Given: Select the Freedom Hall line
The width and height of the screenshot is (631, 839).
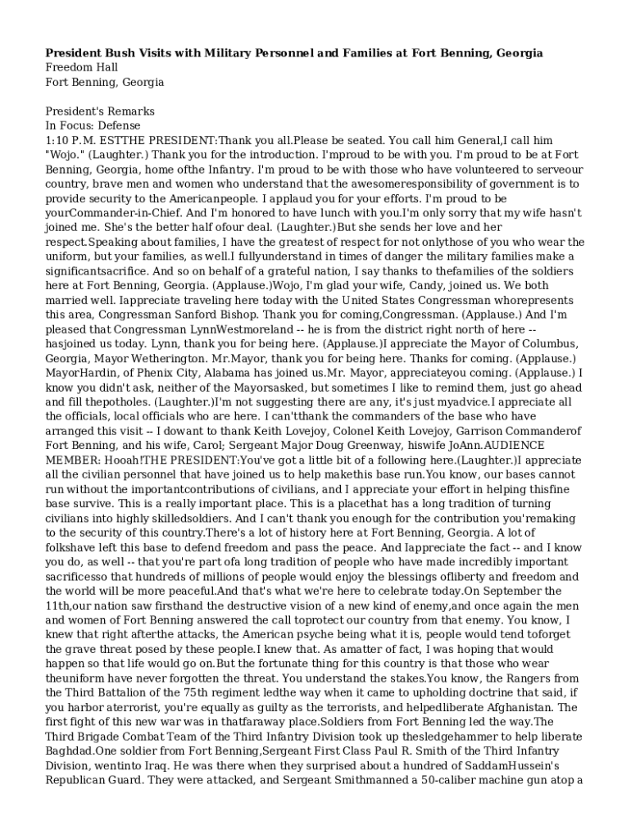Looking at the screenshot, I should pos(82,67).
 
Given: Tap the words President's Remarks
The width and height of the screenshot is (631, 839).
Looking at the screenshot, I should pos(100,111).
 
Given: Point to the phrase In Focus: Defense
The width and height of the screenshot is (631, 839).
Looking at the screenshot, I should pos(93,125).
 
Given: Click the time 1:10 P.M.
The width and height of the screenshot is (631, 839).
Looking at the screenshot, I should pos(75,140).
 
